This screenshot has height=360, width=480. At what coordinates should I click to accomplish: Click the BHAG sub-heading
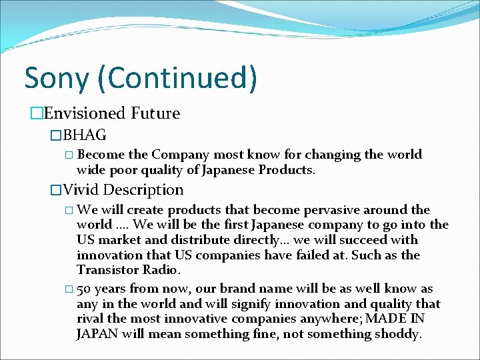(84, 135)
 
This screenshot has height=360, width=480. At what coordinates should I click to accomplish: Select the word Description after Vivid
(143, 190)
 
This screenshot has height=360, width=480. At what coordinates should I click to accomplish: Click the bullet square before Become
(69, 155)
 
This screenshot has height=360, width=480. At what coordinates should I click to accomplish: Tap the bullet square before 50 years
(69, 289)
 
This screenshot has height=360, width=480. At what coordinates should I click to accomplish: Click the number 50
(85, 289)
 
